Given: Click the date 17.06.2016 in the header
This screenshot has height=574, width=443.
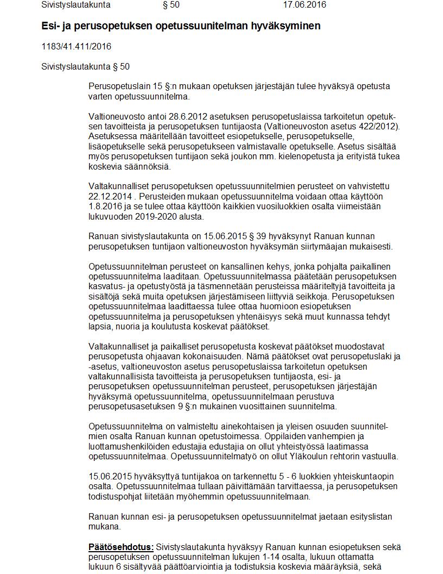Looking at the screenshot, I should pyautogui.click(x=305, y=5).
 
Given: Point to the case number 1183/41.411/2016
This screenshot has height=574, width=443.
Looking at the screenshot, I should pyautogui.click(x=76, y=47).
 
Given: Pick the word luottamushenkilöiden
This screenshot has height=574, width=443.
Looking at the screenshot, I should pyautogui.click(x=130, y=447).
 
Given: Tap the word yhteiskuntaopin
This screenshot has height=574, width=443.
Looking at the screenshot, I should pyautogui.click(x=367, y=477).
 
